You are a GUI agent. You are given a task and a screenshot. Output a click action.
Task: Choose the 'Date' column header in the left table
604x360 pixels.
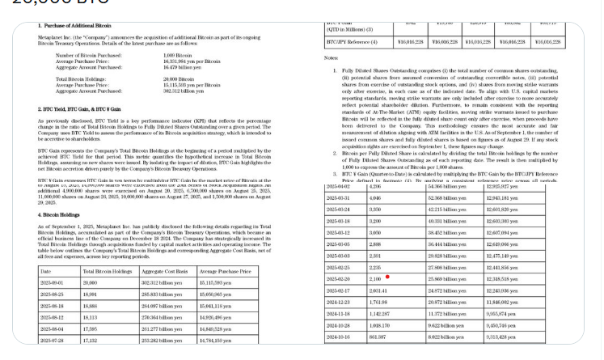click(45, 271)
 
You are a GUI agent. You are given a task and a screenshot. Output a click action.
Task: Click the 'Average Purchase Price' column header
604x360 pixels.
click(224, 271)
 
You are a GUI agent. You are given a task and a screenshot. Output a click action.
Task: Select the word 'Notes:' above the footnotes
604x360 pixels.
click(331, 58)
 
